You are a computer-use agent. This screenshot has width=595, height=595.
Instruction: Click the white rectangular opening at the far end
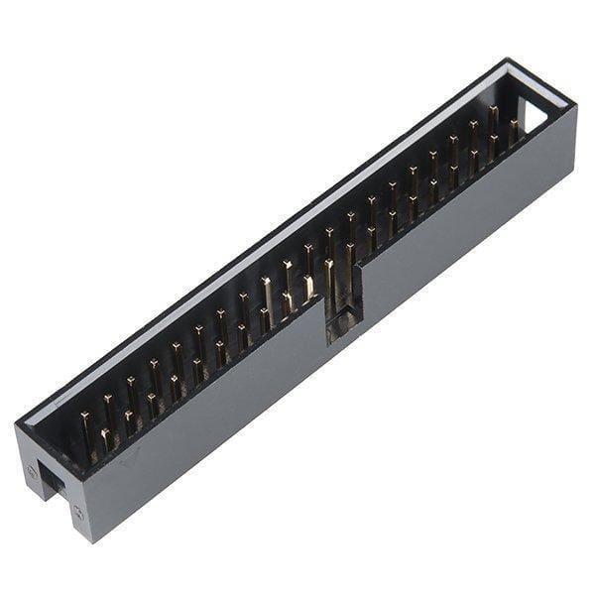[532, 114]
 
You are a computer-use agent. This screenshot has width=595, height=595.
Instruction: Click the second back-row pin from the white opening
[473, 127]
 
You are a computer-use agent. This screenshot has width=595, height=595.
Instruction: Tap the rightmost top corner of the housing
[576, 107]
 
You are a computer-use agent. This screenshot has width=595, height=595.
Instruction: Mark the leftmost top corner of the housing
[16, 426]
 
